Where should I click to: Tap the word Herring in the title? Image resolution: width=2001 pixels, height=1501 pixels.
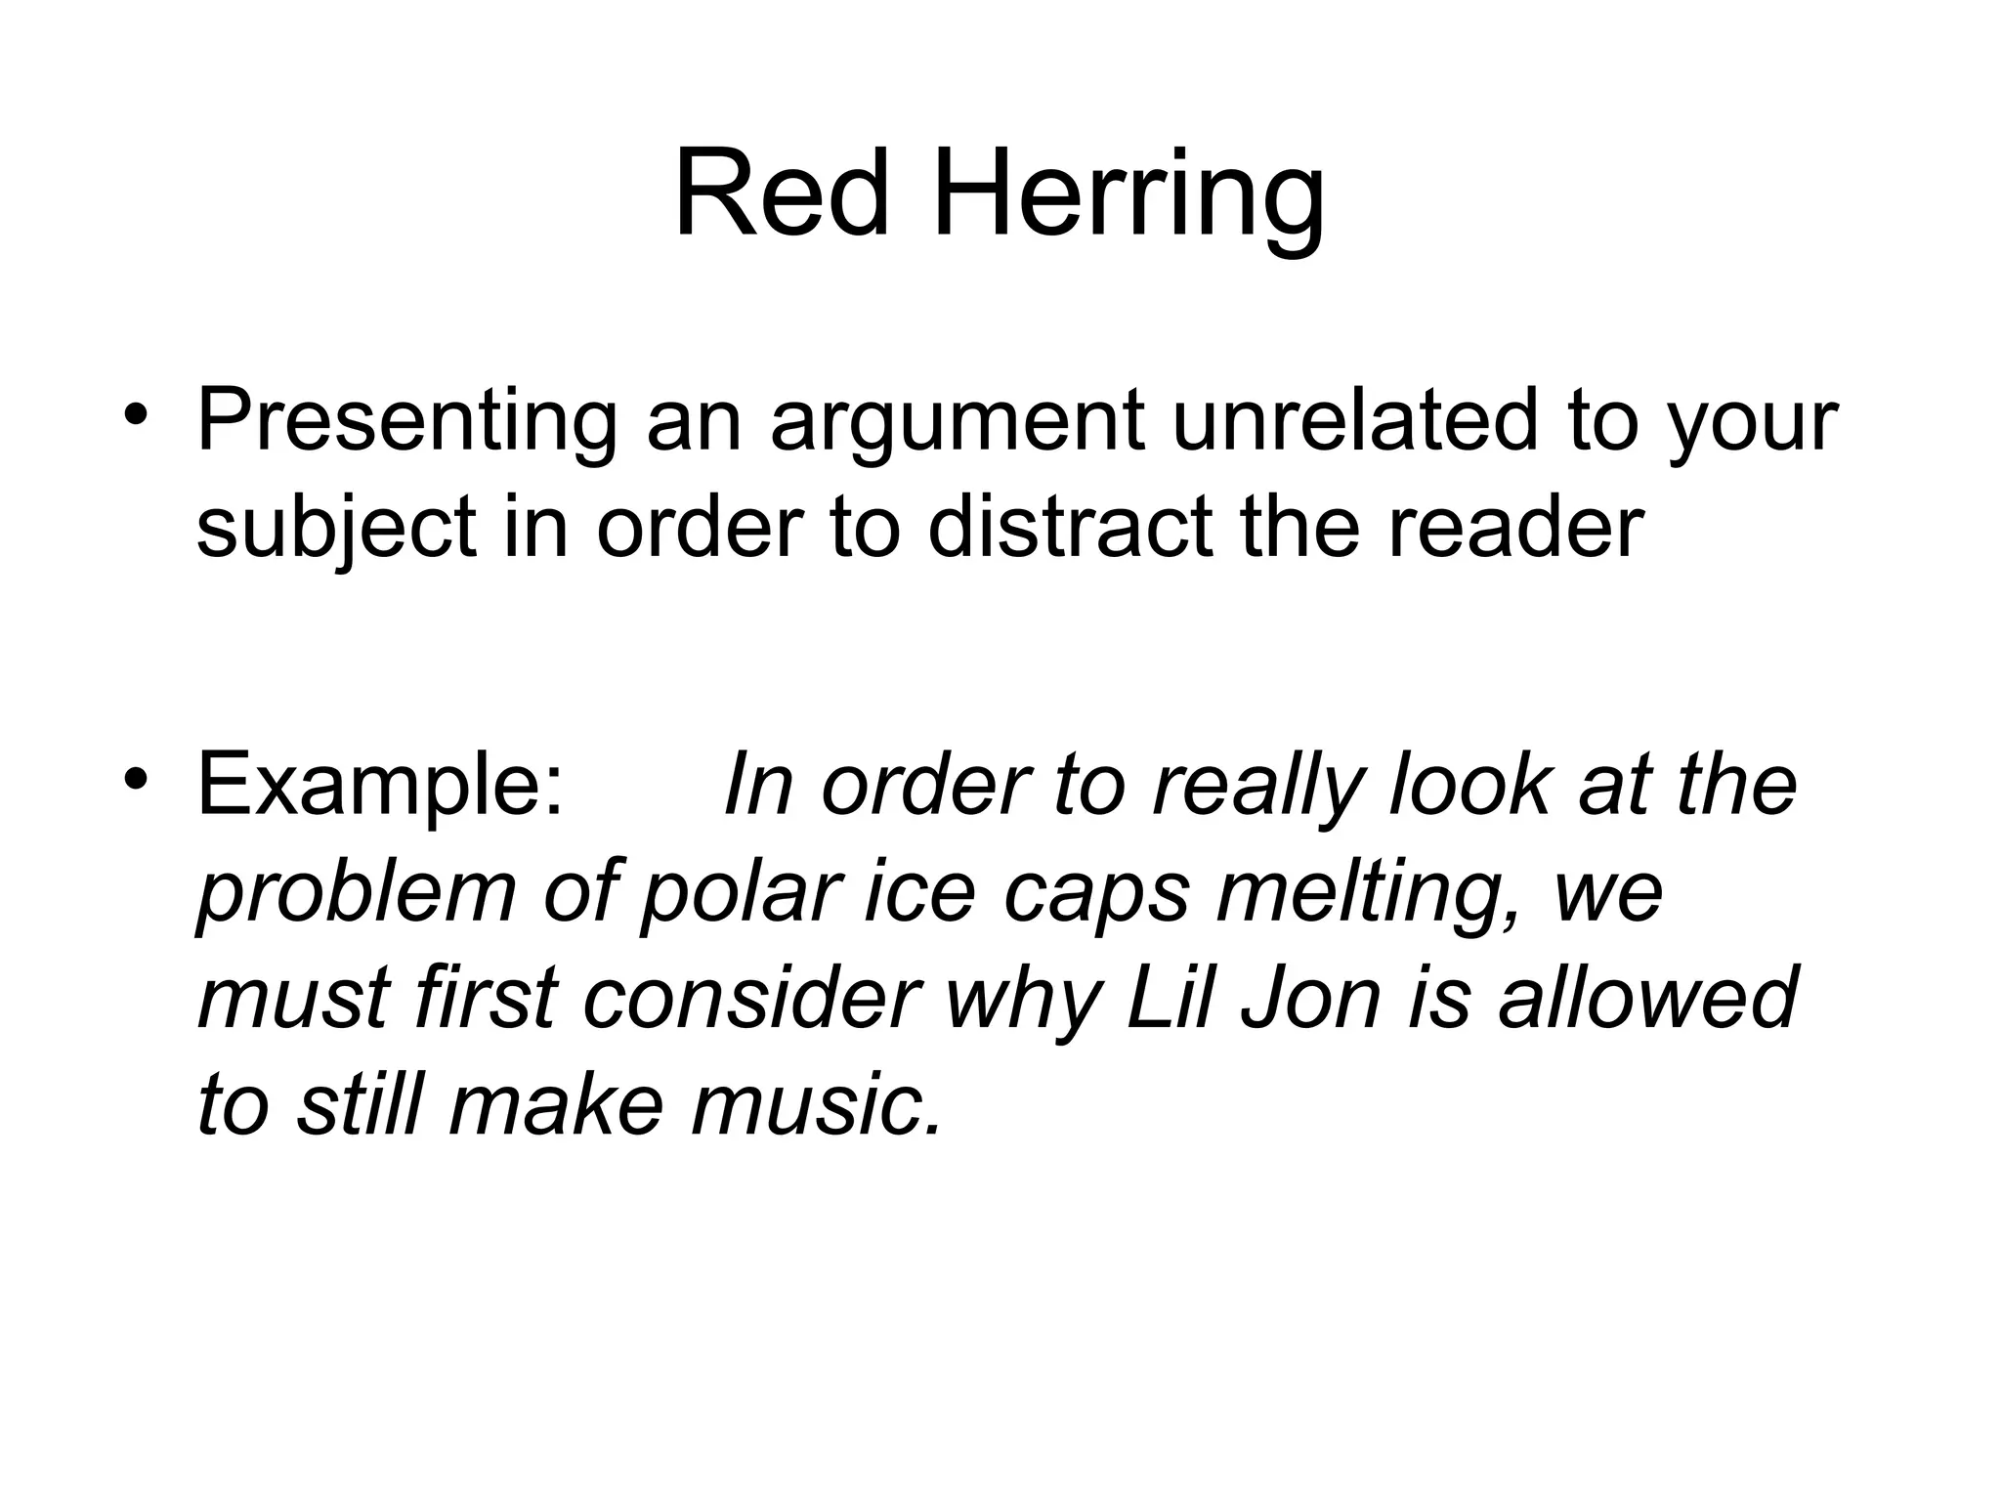[1128, 200]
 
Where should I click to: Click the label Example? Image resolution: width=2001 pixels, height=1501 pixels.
[381, 788]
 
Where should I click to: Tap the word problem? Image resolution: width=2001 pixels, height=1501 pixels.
[357, 893]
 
